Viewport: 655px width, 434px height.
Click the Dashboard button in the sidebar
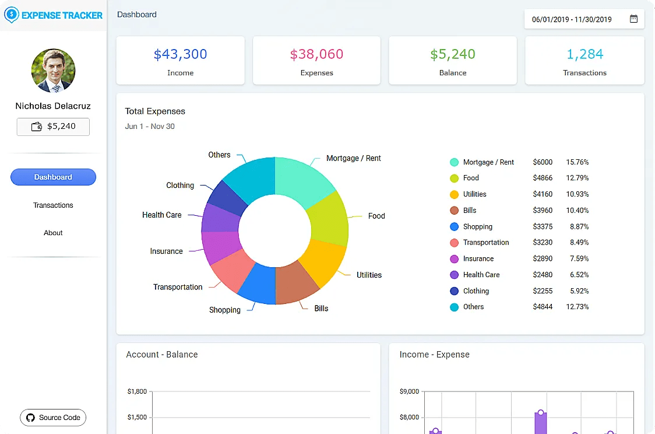tap(53, 177)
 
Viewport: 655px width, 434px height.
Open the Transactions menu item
tap(53, 205)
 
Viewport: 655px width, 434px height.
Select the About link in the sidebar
tap(53, 233)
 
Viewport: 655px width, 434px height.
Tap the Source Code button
tap(53, 418)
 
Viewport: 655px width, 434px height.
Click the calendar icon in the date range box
tap(633, 19)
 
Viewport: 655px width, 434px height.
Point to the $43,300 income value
tap(180, 54)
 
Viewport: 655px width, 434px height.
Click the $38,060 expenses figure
tap(316, 54)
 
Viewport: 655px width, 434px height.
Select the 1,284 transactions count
tap(584, 54)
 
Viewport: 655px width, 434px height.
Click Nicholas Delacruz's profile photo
tap(53, 71)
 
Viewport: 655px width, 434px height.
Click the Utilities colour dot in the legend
tap(454, 194)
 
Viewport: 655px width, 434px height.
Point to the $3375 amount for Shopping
tap(543, 226)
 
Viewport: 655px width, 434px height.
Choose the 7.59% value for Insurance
tap(577, 258)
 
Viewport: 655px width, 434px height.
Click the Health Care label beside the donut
tap(161, 215)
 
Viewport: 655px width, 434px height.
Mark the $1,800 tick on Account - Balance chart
tap(137, 391)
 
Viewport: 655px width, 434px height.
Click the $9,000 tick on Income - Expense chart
tap(409, 391)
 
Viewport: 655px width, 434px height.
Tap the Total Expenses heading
tap(155, 111)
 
